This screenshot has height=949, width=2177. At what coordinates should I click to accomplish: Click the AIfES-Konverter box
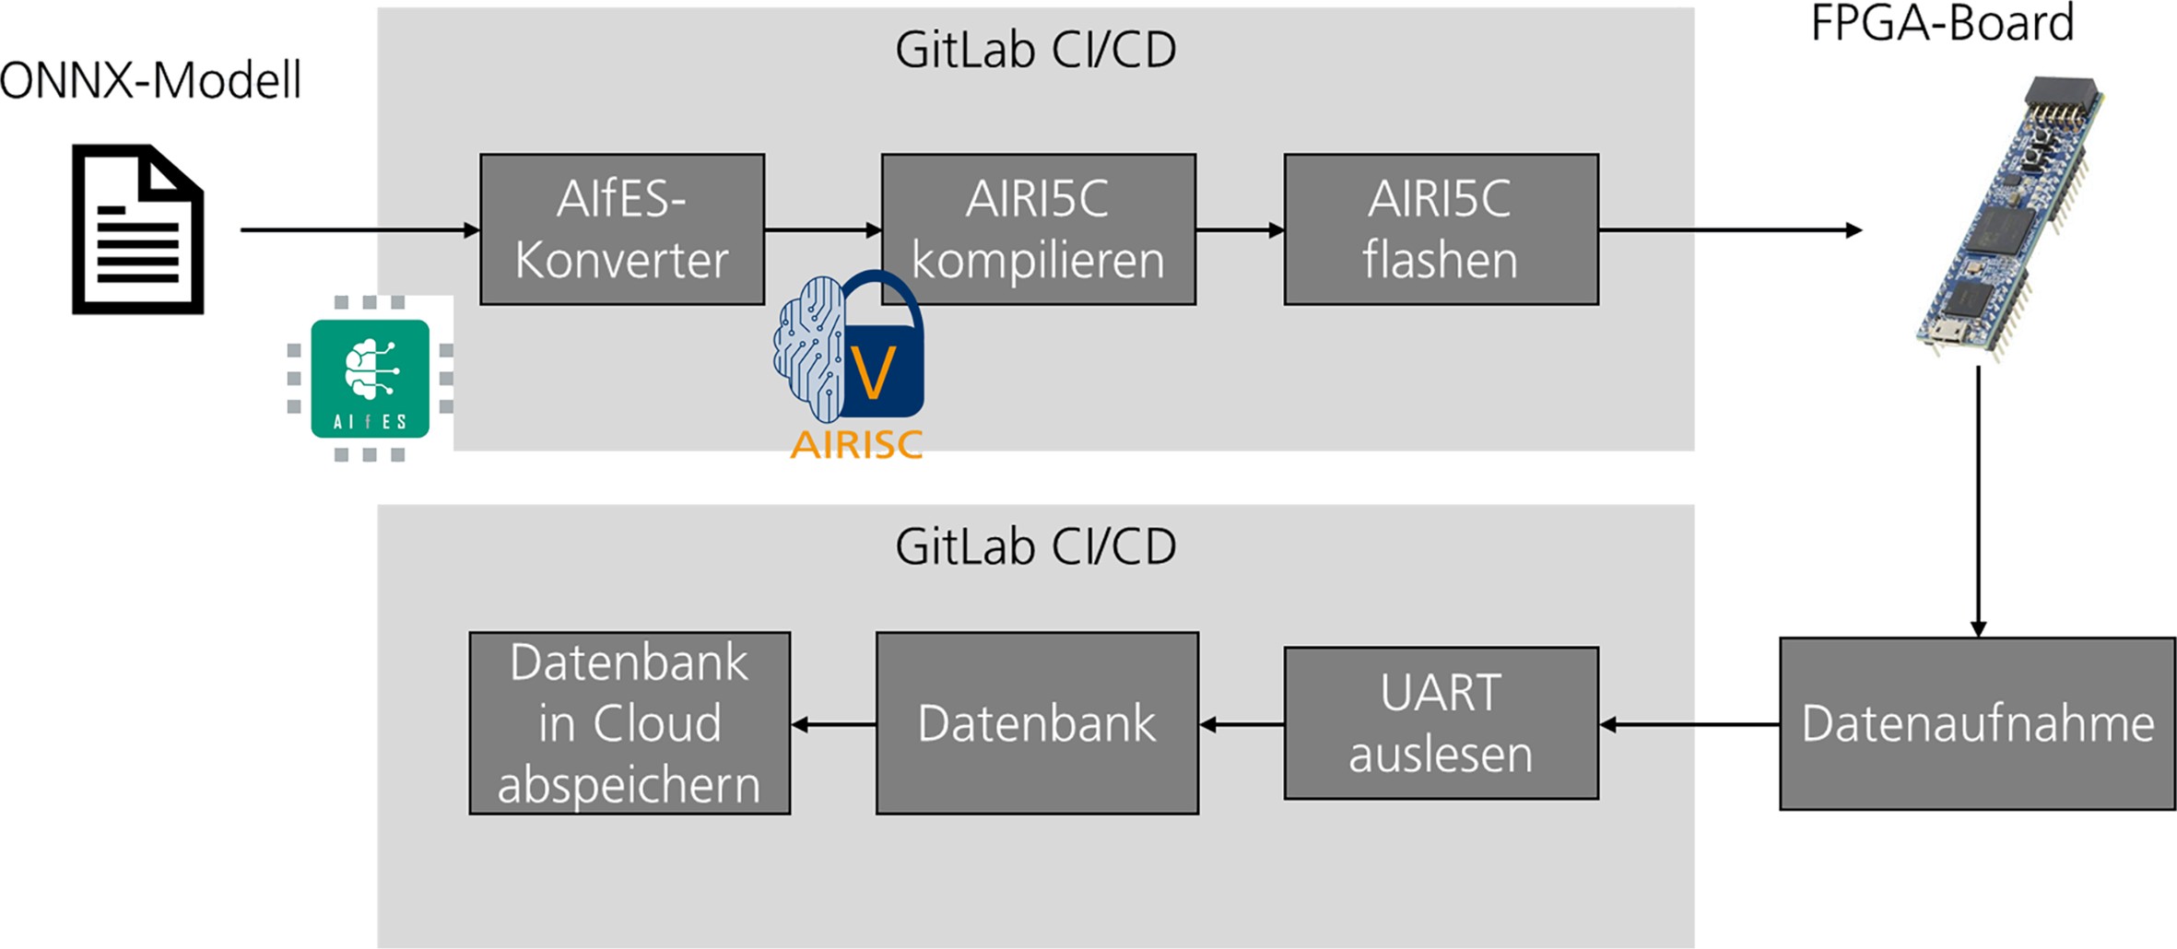[x=622, y=229]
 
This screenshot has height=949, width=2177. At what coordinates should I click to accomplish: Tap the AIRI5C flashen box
[x=1441, y=229]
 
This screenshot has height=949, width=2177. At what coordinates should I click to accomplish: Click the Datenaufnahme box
[x=1977, y=723]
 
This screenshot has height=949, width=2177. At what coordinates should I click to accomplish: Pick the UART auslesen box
[x=1441, y=723]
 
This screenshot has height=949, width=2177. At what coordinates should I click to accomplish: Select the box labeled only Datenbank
[x=1037, y=723]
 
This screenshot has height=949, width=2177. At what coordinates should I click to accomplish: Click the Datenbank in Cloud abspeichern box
[x=630, y=723]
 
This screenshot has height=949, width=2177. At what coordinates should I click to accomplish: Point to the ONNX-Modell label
[x=150, y=81]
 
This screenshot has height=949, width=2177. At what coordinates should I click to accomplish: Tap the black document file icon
[x=138, y=229]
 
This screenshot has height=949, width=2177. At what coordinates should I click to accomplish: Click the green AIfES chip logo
[x=370, y=379]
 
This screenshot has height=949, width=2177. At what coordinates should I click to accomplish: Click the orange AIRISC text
[x=856, y=444]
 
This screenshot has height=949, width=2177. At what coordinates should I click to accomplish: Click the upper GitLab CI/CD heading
[x=1035, y=50]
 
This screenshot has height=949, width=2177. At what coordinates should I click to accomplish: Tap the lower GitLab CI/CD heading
[x=1035, y=547]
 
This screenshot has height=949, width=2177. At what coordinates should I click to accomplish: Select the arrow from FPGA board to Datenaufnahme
[x=1978, y=498]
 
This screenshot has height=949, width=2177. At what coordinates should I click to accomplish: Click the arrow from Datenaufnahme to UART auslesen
[x=1689, y=725]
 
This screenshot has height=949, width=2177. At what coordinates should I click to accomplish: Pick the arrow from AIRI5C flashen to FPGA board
[x=1728, y=229]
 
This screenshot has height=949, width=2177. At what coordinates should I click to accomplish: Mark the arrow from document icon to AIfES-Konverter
[x=359, y=229]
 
